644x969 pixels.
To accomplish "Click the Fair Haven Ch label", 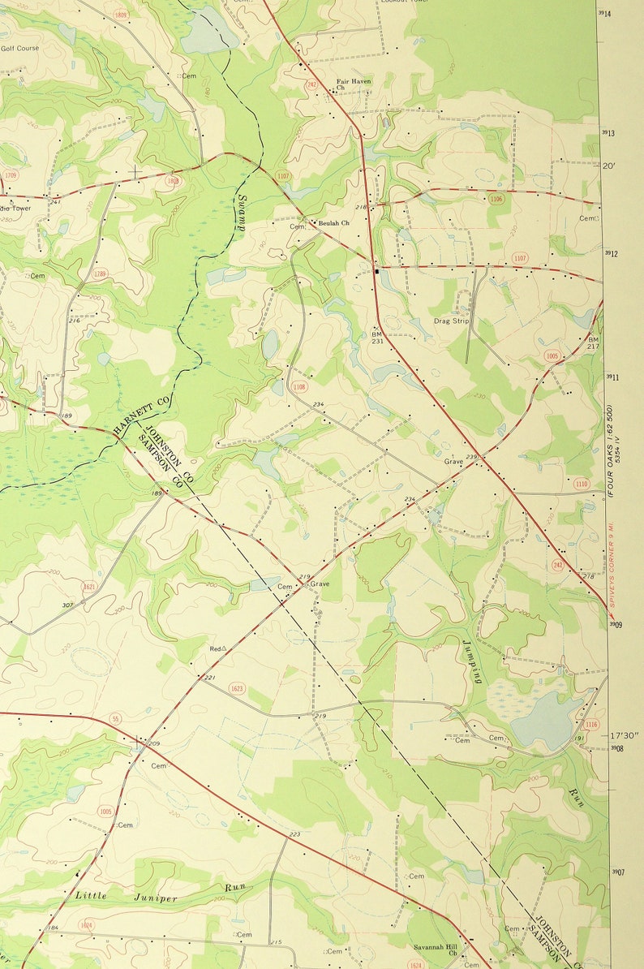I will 354,84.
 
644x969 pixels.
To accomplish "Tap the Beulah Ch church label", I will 333,222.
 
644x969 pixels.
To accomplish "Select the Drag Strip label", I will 451,321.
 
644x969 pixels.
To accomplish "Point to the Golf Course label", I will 19,48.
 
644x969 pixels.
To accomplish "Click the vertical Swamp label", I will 241,212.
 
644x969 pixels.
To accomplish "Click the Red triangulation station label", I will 216,648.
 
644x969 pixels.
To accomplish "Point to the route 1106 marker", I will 496,198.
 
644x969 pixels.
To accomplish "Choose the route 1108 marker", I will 299,386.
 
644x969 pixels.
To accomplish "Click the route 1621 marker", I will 89,586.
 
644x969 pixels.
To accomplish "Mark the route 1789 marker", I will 100,273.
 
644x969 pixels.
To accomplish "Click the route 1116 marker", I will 590,723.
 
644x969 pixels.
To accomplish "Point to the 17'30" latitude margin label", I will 625,735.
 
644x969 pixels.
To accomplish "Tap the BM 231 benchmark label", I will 376,337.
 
